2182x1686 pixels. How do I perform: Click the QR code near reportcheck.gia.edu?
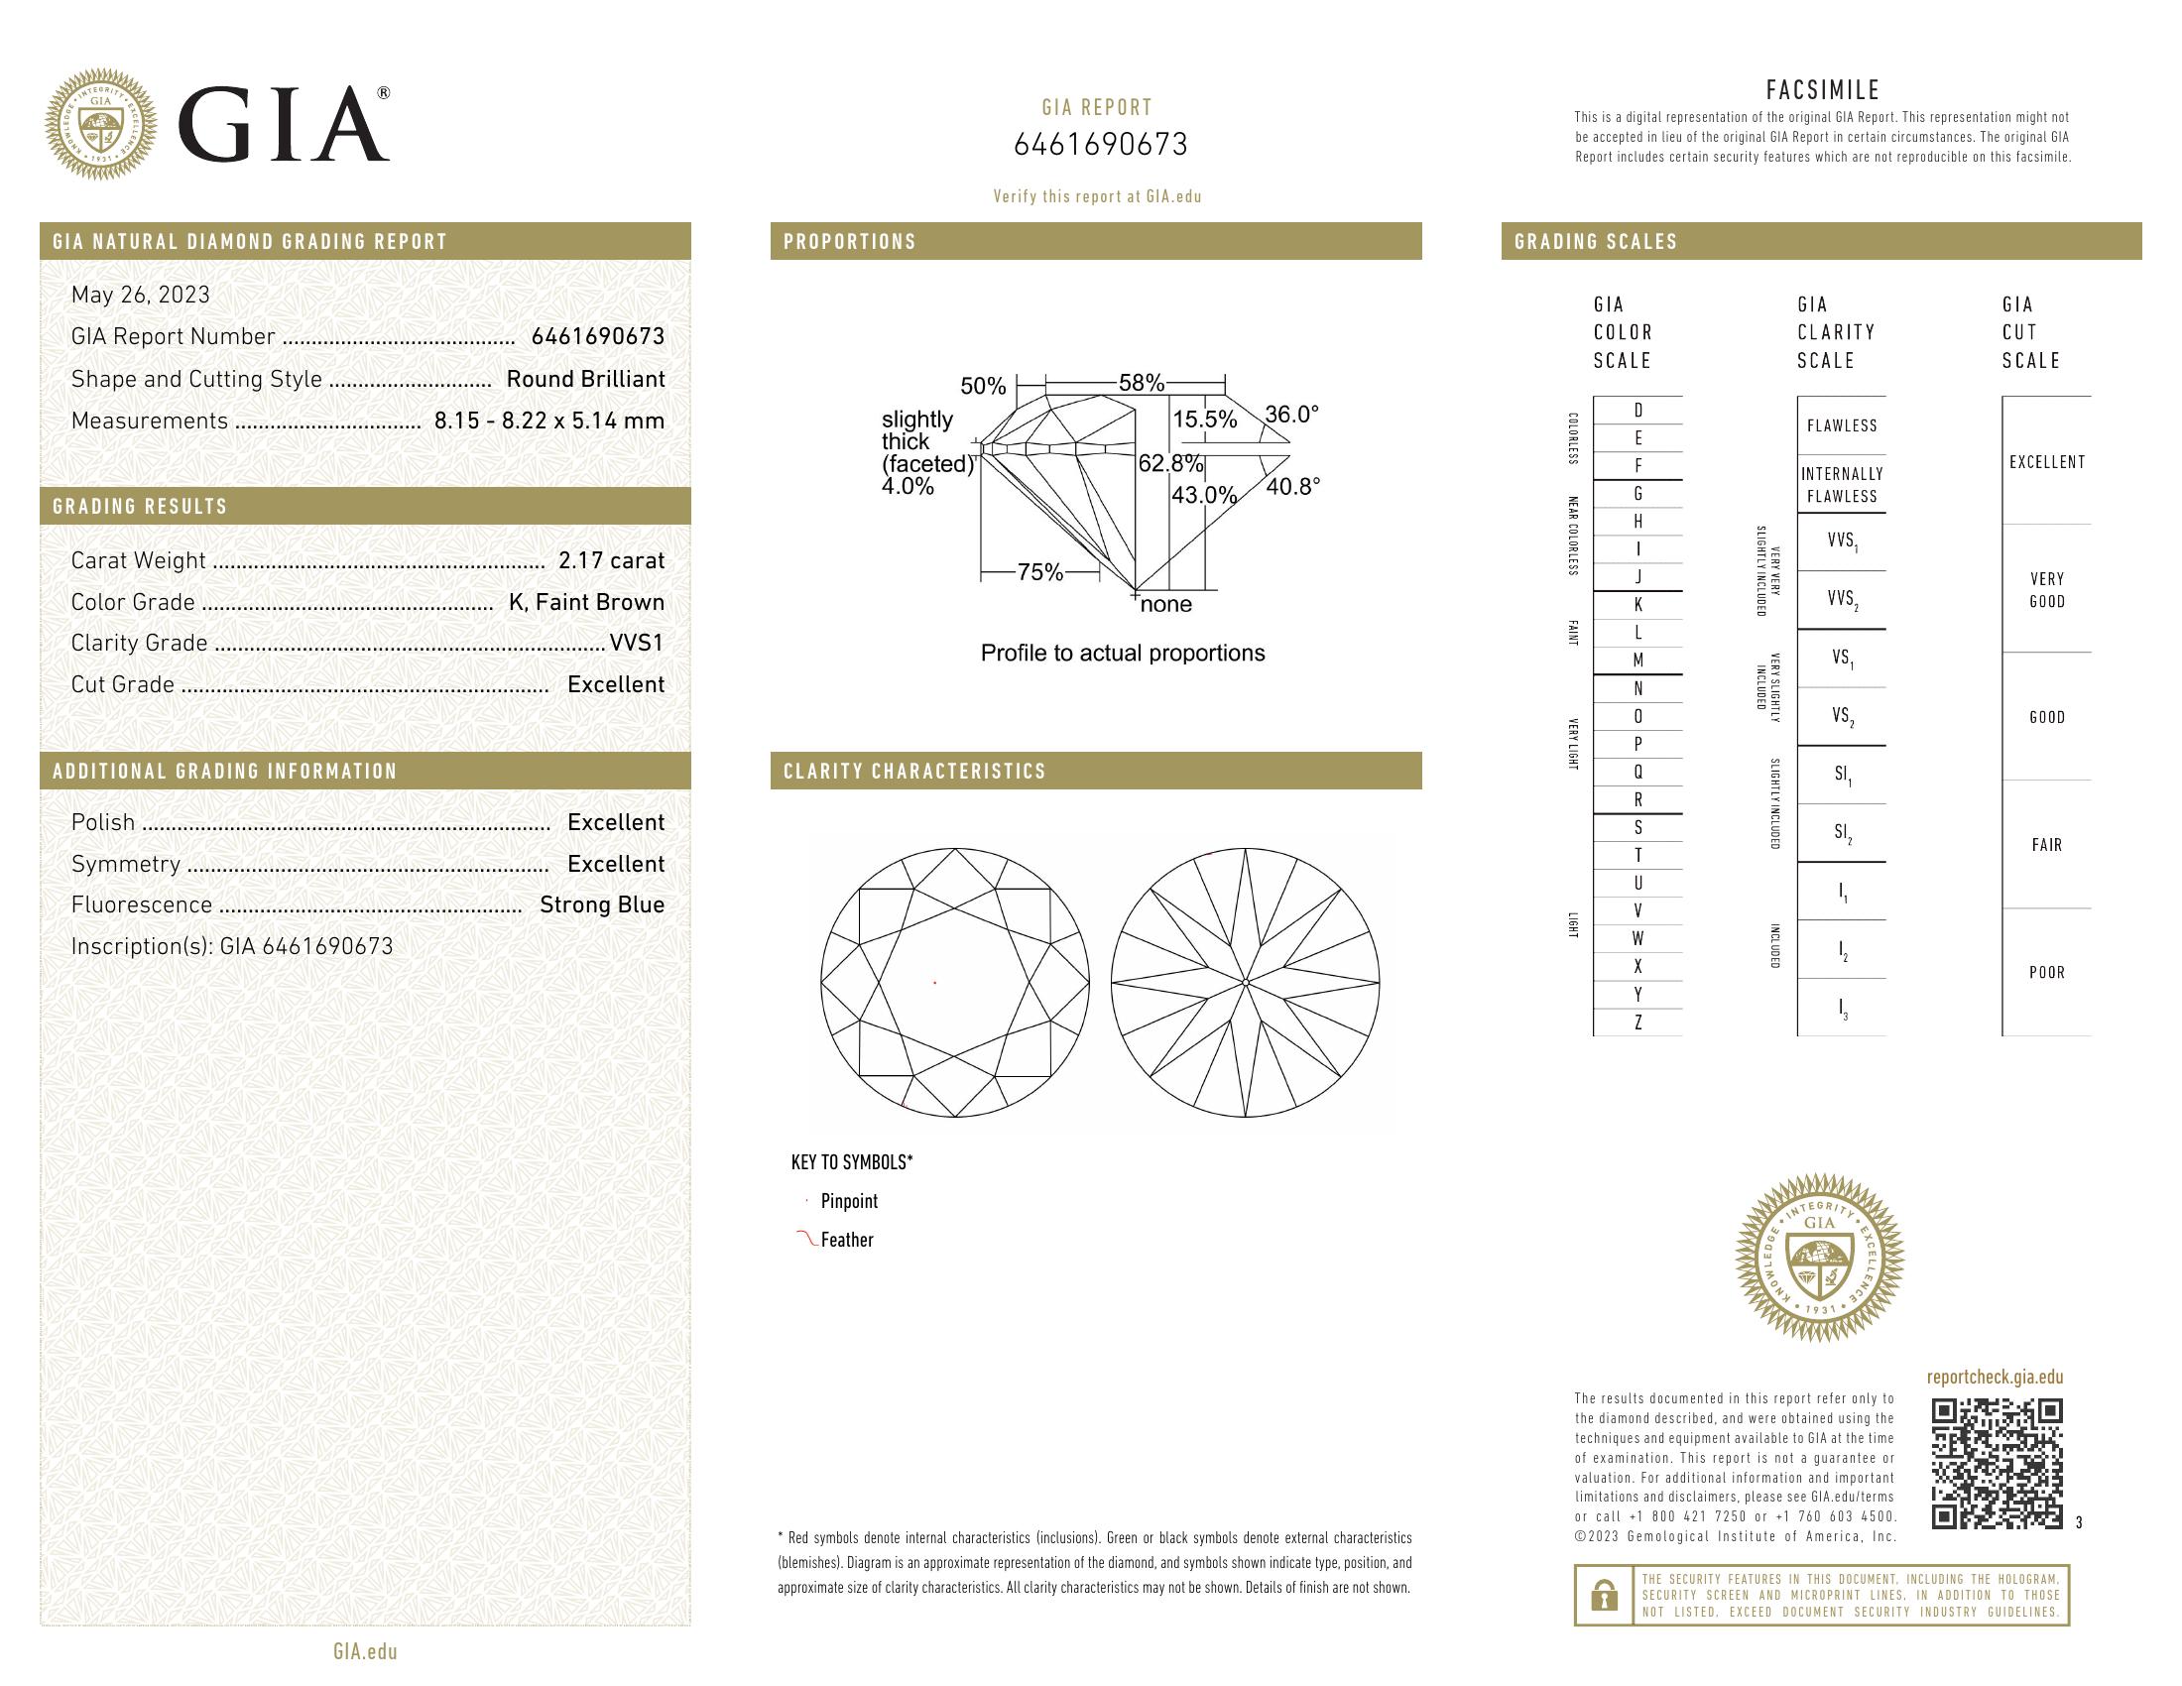point(1997,1463)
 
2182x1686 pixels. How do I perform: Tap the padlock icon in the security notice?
point(1604,1595)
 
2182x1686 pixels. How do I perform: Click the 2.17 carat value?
point(610,560)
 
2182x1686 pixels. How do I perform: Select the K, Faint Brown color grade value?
point(586,602)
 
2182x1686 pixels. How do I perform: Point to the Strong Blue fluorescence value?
point(601,904)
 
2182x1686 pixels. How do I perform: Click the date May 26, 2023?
point(141,295)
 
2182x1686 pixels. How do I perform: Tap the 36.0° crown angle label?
point(1290,415)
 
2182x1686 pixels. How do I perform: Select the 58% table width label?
point(1141,383)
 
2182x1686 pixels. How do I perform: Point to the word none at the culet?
point(1166,604)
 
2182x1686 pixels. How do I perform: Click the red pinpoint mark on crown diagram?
point(934,983)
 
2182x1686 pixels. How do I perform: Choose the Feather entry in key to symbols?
point(845,1240)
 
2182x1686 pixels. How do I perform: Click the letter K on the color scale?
point(1637,605)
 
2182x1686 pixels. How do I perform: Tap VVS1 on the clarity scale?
point(1842,542)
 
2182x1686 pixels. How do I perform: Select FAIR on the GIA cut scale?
point(2046,845)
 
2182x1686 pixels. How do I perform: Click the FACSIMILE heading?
point(1822,90)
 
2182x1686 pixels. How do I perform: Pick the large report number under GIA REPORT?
point(1100,145)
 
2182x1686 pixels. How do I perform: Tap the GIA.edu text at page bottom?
point(365,1651)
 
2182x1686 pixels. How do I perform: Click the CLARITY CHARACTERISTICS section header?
point(914,771)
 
